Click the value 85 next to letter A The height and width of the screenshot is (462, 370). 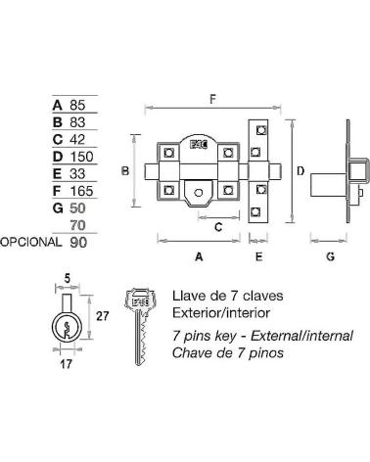click(x=77, y=105)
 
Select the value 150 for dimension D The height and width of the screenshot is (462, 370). click(x=82, y=157)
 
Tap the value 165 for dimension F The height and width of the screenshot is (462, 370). click(x=82, y=191)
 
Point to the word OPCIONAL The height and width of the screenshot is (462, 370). click(x=30, y=242)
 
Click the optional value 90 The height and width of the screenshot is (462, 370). click(x=78, y=243)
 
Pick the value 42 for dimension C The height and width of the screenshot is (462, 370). click(x=77, y=139)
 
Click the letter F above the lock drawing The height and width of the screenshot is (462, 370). click(x=213, y=99)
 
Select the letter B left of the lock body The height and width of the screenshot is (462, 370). click(x=125, y=170)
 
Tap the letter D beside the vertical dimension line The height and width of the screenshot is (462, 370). click(x=301, y=170)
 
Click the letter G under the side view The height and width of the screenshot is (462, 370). click(x=331, y=256)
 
